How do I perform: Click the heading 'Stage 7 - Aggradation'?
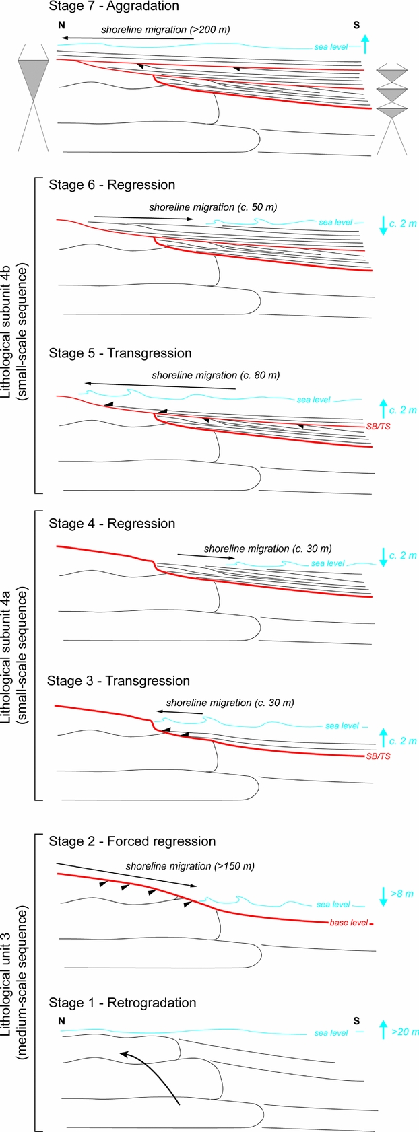coord(114,7)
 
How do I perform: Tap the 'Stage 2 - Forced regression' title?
coord(132,841)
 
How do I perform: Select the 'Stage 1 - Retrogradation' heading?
coord(123,1003)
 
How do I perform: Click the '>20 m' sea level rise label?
coord(404,1032)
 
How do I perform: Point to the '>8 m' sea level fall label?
coord(401,894)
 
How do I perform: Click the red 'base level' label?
coord(348,923)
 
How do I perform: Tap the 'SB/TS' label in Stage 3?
coord(378,756)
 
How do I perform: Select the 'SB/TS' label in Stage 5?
coord(378,427)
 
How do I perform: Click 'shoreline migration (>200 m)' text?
coord(166,30)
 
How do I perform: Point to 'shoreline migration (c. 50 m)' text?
coord(213,207)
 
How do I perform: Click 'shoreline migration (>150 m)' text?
coord(190,866)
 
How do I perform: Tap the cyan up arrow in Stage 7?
coord(365,44)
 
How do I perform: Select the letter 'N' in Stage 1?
coord(61,1021)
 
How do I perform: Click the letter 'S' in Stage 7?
coord(356,25)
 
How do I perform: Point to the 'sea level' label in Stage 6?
coord(335,222)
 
